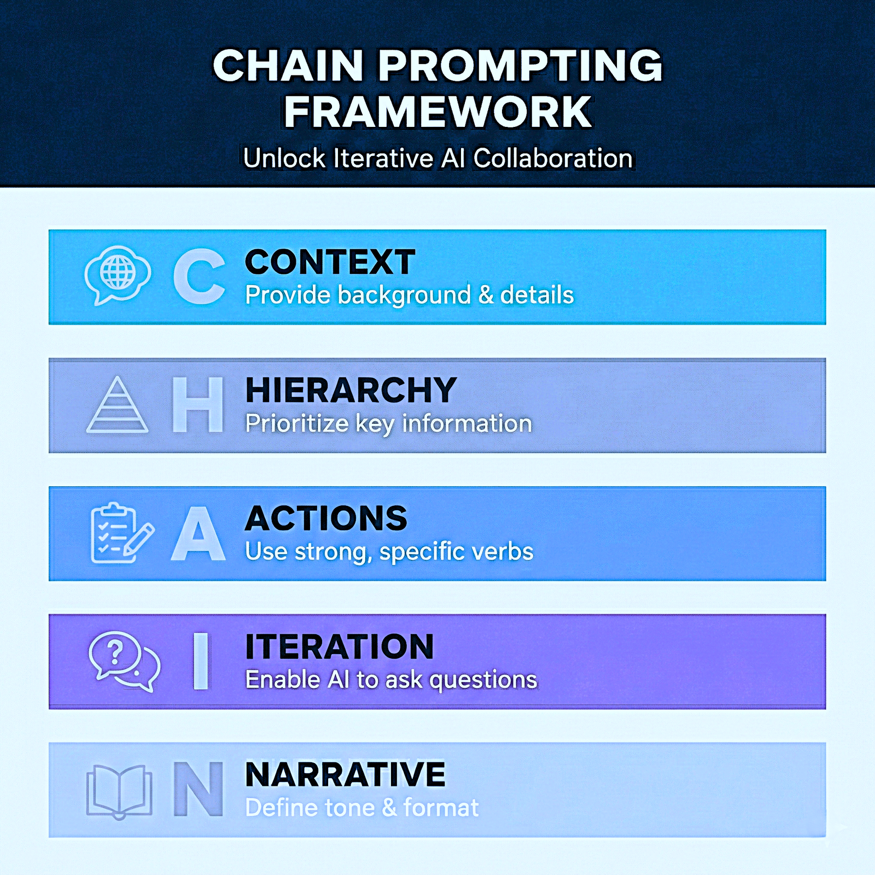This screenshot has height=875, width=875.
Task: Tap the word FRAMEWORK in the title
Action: click(437, 112)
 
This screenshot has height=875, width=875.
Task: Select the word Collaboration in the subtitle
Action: click(553, 159)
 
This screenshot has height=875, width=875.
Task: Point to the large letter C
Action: click(199, 276)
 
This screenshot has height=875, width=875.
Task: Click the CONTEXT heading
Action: click(330, 262)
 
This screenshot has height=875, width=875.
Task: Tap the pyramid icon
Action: click(117, 405)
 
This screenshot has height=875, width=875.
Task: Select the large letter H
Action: click(198, 405)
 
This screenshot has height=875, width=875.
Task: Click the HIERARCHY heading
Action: click(351, 390)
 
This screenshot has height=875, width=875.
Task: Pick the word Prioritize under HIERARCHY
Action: click(296, 424)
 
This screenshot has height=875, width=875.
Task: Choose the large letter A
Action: click(198, 533)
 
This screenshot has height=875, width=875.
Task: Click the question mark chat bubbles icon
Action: click(124, 661)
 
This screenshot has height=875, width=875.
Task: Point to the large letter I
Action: click(201, 661)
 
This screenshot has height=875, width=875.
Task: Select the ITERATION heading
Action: click(339, 647)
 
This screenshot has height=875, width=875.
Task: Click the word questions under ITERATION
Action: click(483, 680)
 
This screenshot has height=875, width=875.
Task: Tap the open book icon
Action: click(119, 791)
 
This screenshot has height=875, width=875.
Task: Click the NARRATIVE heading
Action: click(345, 775)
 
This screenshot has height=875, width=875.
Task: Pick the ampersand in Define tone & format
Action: click(389, 808)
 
